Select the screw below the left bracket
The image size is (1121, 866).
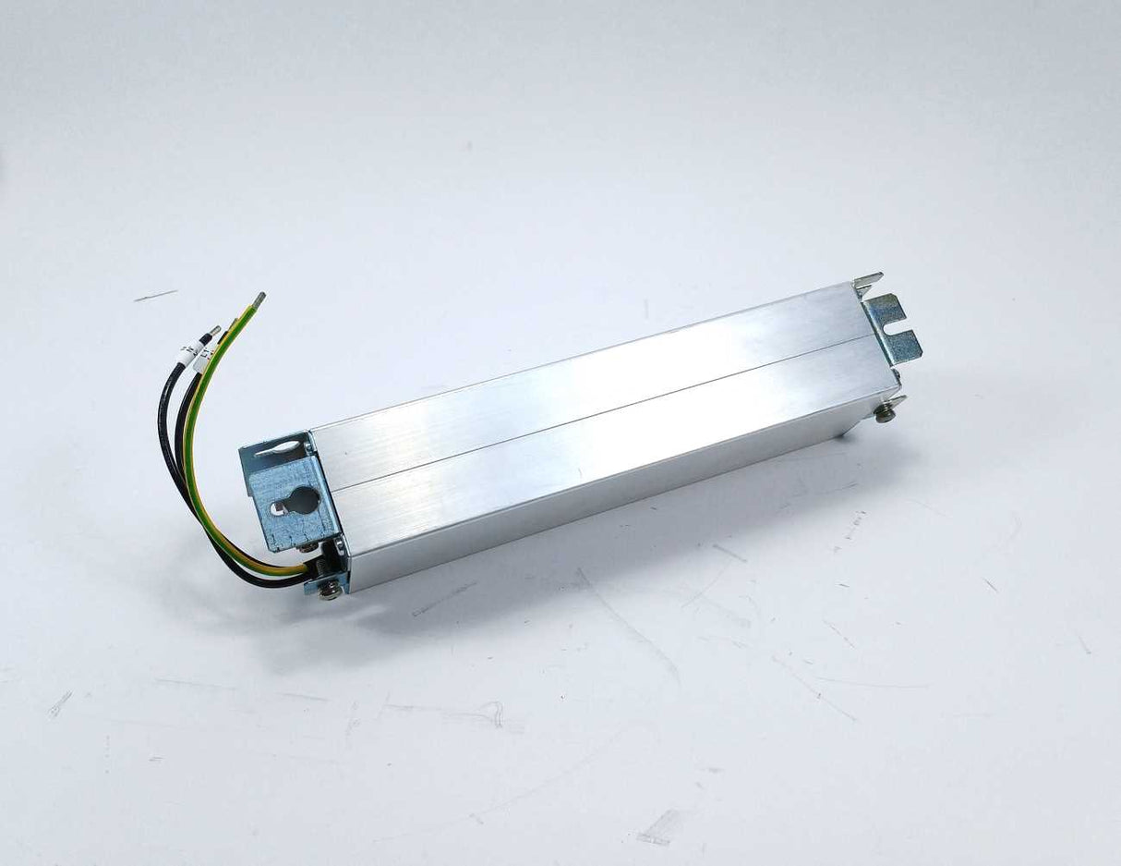tap(329, 589)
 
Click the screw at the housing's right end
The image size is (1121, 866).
tap(885, 412)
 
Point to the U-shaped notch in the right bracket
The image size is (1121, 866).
tap(891, 327)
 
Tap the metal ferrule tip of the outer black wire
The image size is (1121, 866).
tap(213, 331)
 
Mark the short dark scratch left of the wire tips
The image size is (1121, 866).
tap(154, 296)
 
